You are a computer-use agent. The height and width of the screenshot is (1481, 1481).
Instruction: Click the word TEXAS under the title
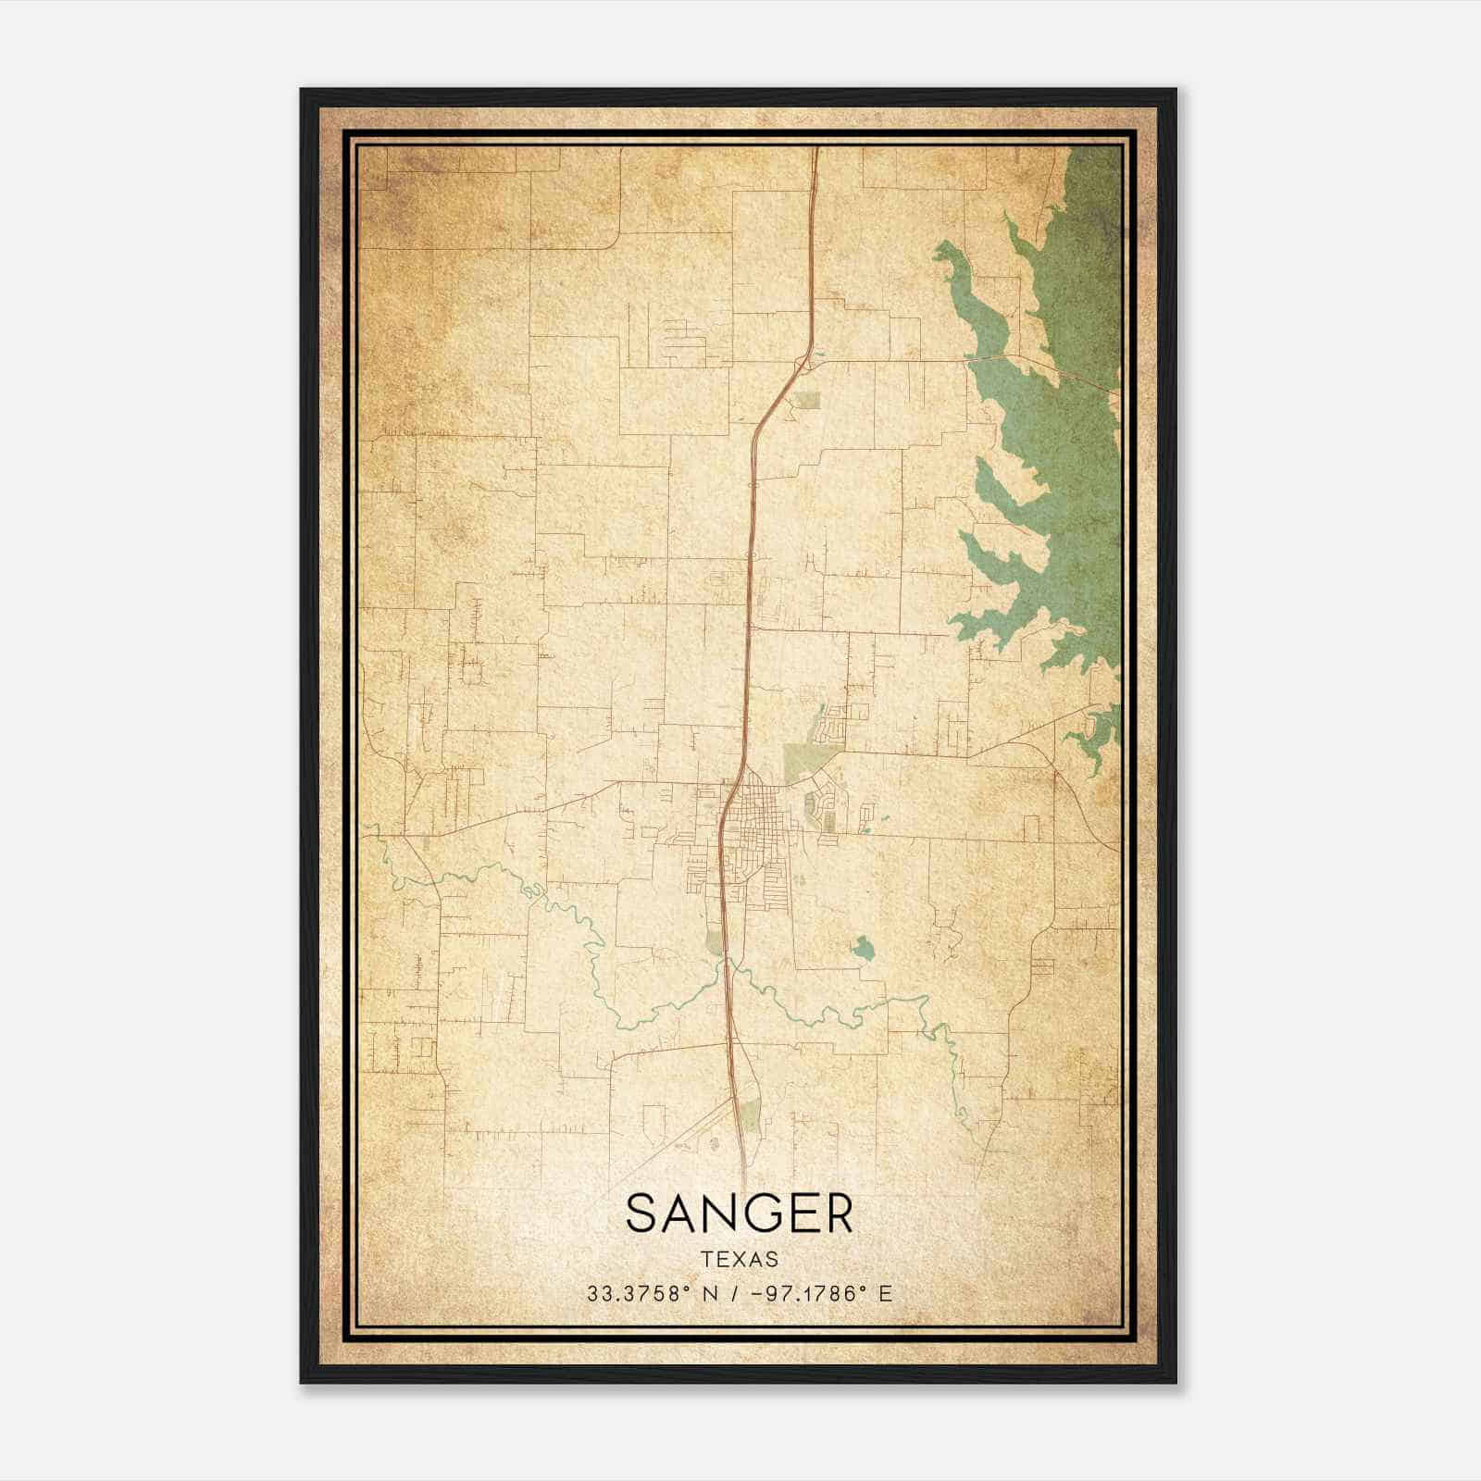740,1259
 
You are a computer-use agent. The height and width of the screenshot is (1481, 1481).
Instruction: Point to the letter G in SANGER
765,1213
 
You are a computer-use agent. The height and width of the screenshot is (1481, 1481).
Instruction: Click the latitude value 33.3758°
640,1294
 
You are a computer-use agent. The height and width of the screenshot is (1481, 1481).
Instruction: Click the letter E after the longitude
886,1294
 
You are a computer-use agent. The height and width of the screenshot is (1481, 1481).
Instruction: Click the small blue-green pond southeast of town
864,948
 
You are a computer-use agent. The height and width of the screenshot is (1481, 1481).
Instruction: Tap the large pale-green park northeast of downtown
801,763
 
